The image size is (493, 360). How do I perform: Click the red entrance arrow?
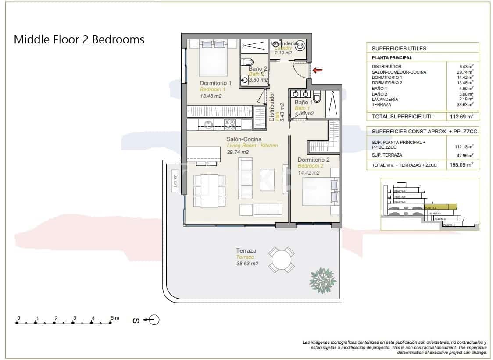click(x=318, y=70)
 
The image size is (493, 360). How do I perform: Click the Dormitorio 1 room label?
click(x=215, y=83)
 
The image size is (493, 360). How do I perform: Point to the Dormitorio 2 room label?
click(x=313, y=160)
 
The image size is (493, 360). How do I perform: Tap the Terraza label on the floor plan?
click(x=246, y=251)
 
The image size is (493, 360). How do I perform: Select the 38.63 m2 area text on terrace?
click(x=247, y=264)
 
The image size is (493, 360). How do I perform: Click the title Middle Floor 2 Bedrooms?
click(x=79, y=39)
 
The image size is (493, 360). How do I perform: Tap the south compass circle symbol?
click(x=154, y=320)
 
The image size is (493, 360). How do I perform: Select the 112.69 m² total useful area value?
click(x=464, y=116)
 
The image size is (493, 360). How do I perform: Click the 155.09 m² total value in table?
click(x=464, y=165)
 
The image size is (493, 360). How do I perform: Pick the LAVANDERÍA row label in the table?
click(x=385, y=99)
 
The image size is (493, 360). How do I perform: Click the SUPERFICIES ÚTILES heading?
click(x=399, y=49)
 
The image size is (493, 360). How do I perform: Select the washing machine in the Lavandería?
click(x=300, y=46)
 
